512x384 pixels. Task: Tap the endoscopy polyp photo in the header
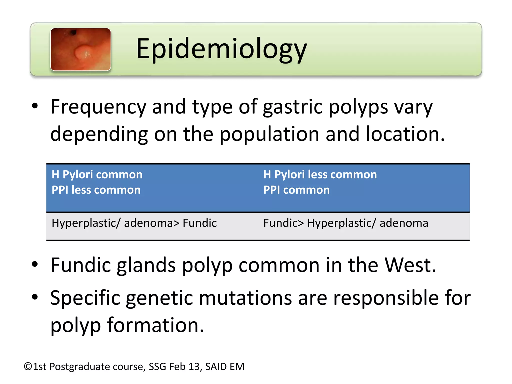tap(80, 49)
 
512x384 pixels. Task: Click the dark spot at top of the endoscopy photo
tap(73, 32)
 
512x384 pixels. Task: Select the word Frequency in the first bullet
tap(98, 107)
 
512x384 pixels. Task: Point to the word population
tap(269, 134)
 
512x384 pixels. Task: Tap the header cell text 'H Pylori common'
tap(97, 174)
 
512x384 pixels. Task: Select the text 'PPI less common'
tap(96, 190)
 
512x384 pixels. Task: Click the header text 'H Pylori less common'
tap(320, 174)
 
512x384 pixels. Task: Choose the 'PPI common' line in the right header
tap(296, 190)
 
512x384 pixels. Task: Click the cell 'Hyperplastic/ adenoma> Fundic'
tap(134, 223)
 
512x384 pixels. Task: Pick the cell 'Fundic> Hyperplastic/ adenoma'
tap(346, 223)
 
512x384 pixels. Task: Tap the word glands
tap(146, 265)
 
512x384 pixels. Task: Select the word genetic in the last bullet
tap(159, 298)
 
